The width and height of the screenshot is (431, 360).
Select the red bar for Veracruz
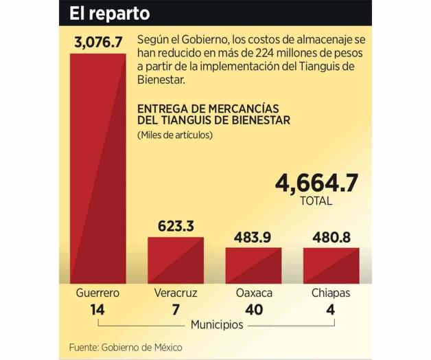click(176, 260)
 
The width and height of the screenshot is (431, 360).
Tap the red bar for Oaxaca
click(253, 265)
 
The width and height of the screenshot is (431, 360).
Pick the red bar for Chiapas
click(331, 265)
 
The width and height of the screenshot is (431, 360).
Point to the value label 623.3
click(176, 226)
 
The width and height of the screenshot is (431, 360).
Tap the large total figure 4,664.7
click(316, 183)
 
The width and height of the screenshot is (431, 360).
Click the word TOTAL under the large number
click(316, 201)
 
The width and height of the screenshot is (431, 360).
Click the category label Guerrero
click(97, 293)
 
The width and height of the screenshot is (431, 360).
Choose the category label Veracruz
click(176, 293)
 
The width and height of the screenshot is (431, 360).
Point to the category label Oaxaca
click(253, 293)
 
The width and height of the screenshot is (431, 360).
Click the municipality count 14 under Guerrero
click(97, 310)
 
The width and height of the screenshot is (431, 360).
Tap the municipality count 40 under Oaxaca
click(253, 310)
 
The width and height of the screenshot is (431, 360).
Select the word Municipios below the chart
click(216, 324)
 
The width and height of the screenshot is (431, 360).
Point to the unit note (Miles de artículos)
click(175, 135)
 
